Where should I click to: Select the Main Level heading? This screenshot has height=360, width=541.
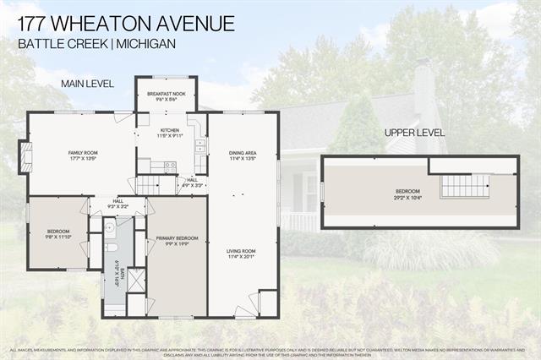[x=80, y=84]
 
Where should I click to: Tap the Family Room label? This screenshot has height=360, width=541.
[x=83, y=155]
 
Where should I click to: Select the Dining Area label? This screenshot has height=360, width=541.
[x=243, y=155]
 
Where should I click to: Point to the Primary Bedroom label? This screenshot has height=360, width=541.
[x=177, y=241]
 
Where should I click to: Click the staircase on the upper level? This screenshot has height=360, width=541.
[x=465, y=185]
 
